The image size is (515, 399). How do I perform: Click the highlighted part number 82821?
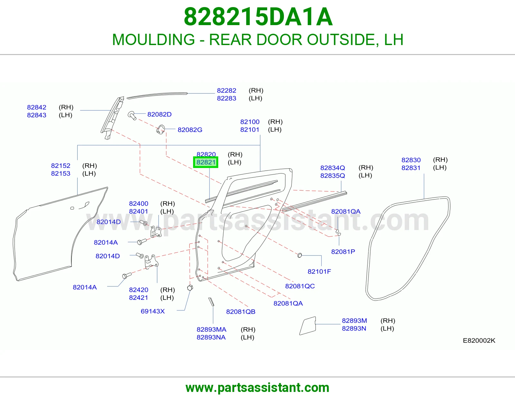click(x=206, y=162)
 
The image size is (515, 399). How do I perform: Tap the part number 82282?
click(x=227, y=90)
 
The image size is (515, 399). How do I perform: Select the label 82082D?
click(x=159, y=115)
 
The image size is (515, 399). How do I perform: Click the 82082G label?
click(x=190, y=130)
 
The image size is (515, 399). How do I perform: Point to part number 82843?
click(x=36, y=115)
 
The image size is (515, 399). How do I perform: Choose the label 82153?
click(x=61, y=173)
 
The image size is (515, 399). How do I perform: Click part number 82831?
click(x=411, y=168)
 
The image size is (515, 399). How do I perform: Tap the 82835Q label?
click(x=332, y=176)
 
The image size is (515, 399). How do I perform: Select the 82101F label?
click(x=319, y=272)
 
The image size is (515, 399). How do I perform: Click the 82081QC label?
click(x=300, y=286)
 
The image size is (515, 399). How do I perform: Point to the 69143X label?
click(x=153, y=311)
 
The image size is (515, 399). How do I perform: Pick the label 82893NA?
click(x=211, y=338)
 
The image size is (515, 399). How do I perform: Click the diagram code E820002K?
click(x=479, y=341)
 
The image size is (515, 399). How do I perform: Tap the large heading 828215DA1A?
click(x=258, y=17)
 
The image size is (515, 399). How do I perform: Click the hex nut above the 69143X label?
click(x=190, y=288)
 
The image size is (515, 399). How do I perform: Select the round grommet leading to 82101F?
click(x=300, y=255)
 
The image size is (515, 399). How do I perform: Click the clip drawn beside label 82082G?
click(x=160, y=130)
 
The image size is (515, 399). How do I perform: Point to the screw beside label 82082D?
click(x=132, y=116)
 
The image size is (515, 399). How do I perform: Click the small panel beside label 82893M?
click(x=308, y=326)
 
